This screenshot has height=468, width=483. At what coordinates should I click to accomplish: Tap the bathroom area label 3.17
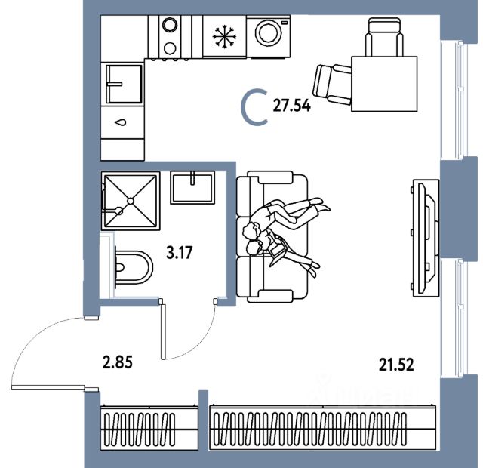pyautogui.click(x=180, y=252)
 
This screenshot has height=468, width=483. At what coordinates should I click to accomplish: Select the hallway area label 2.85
pyautogui.click(x=118, y=361)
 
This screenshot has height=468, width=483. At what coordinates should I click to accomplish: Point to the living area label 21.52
pyautogui.click(x=396, y=365)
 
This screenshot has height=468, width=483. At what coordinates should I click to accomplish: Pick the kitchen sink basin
pyautogui.click(x=124, y=83)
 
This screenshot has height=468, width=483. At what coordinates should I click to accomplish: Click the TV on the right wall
pyautogui.click(x=423, y=236)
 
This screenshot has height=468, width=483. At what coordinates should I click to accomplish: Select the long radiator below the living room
pyautogui.click(x=323, y=429)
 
